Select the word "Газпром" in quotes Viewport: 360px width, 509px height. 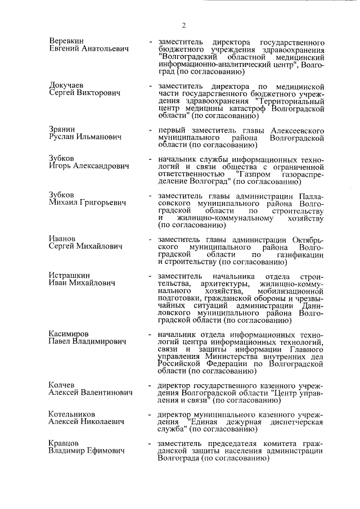coord(257,174)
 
